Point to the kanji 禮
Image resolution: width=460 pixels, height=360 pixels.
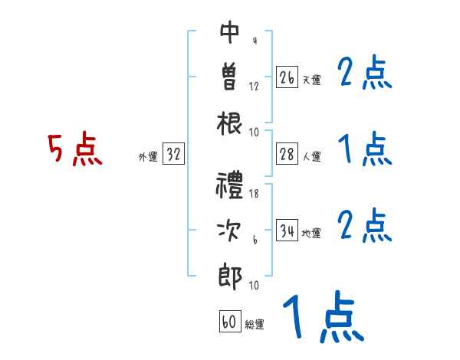230,186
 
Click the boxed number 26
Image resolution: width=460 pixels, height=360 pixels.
287,77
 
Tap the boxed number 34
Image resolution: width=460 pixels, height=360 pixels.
287,231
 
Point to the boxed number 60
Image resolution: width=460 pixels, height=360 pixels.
229,322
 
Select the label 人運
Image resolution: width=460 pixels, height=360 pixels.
311,157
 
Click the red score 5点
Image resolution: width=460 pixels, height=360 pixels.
74,149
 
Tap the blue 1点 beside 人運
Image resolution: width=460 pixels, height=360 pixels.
365,148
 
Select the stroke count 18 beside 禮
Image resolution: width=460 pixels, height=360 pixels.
254,194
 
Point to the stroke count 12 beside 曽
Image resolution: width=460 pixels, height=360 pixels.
254,86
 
